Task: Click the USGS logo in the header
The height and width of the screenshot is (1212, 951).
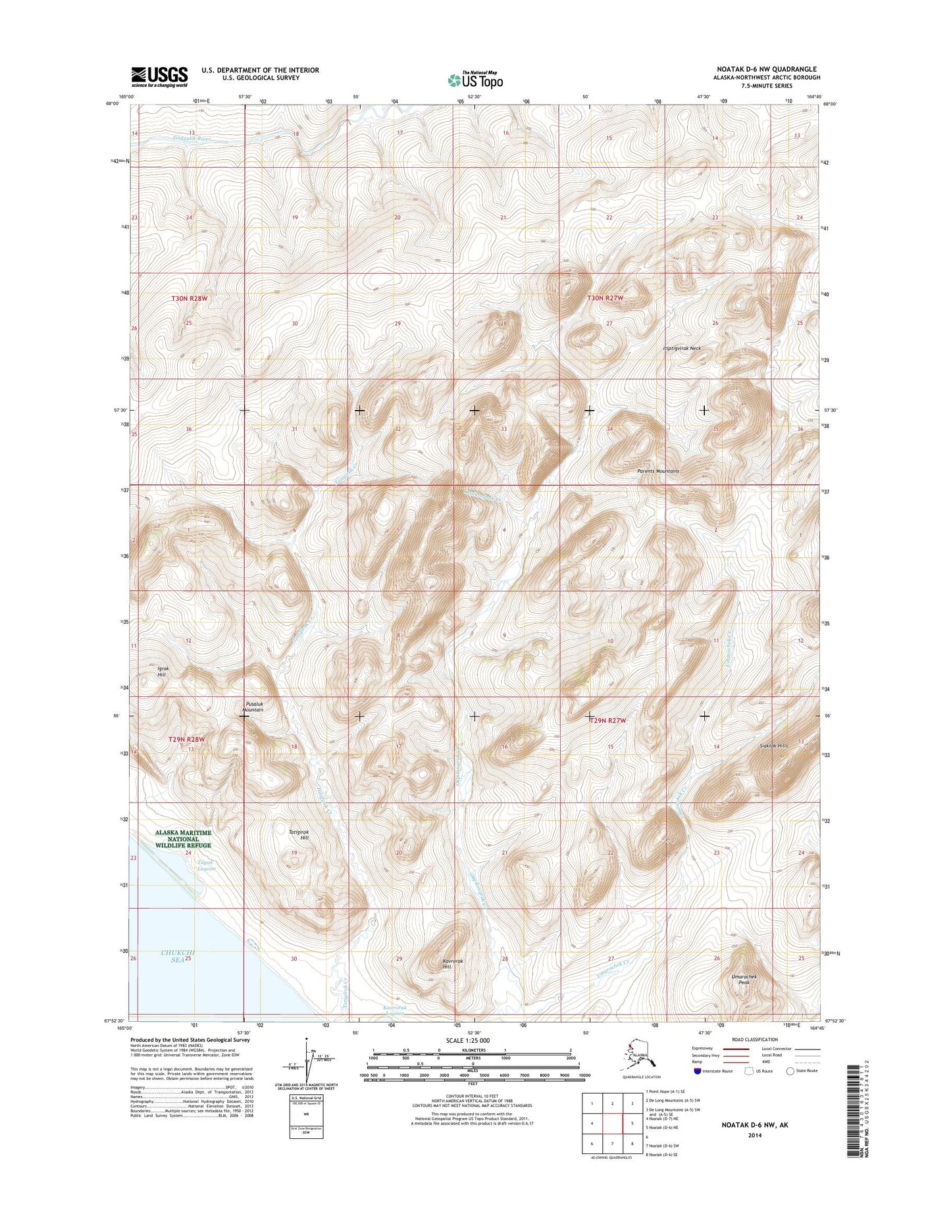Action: click(159, 76)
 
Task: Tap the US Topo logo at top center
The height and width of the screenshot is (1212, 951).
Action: click(475, 80)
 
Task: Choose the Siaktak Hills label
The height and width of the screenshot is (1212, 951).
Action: click(773, 746)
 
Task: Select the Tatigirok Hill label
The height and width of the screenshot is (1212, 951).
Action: click(299, 835)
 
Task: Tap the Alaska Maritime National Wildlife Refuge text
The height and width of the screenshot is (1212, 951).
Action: click(183, 839)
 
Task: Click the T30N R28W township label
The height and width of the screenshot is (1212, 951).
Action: click(190, 298)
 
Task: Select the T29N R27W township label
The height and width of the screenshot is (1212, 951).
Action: click(607, 720)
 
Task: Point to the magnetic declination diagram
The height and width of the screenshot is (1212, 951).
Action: click(308, 1066)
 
